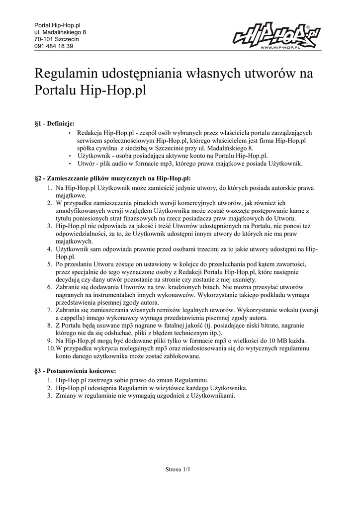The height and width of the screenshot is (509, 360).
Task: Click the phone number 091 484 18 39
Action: click(54, 46)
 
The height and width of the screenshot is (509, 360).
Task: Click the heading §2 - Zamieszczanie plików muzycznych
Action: click(113, 178)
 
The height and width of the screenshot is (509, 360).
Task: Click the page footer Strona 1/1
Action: click(178, 469)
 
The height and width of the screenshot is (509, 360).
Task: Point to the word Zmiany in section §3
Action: click(67, 396)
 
